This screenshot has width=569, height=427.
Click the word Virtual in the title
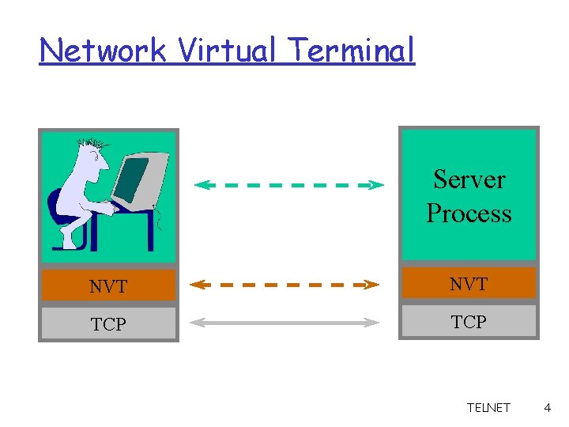(228, 51)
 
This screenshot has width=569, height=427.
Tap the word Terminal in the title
(351, 51)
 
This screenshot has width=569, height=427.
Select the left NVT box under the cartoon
(108, 286)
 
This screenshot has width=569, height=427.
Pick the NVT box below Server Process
(469, 283)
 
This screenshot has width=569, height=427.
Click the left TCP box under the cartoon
(108, 323)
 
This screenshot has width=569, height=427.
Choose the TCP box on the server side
(469, 322)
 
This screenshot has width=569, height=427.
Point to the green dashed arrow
(288, 185)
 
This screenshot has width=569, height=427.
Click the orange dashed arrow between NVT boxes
(286, 284)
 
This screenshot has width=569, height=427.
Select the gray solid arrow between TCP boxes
(286, 322)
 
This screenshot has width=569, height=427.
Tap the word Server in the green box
(469, 179)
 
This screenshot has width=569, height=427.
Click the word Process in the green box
(469, 213)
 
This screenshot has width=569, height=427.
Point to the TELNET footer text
(488, 408)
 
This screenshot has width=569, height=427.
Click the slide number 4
(547, 408)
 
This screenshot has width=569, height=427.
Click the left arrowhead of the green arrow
(202, 185)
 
